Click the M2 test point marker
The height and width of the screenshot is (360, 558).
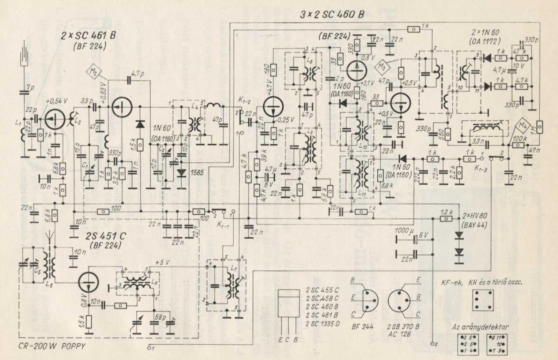click(x=94, y=72)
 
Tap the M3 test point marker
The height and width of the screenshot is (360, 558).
click(x=382, y=65)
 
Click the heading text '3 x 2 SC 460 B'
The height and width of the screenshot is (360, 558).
click(x=332, y=15)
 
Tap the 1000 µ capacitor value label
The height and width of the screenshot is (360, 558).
click(x=405, y=231)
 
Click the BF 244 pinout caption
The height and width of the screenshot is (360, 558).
click(x=363, y=327)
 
